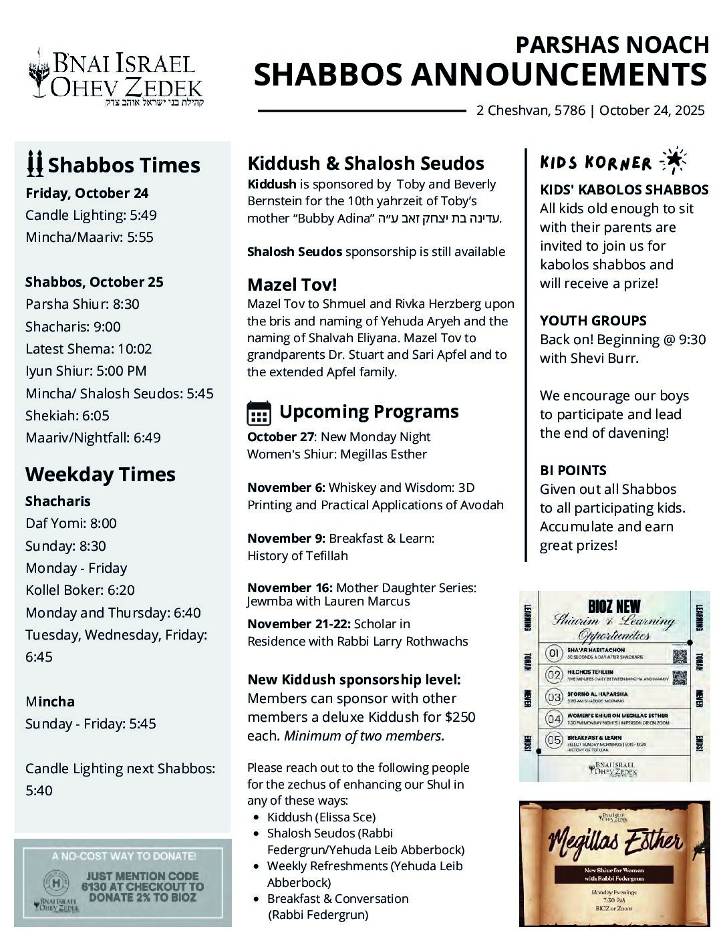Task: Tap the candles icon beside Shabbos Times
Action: click(x=35, y=164)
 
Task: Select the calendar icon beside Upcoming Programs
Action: click(x=259, y=412)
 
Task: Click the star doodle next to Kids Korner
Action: click(x=672, y=160)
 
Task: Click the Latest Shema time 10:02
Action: click(x=136, y=349)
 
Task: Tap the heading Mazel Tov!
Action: click(x=292, y=285)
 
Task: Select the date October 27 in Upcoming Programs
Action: click(x=280, y=437)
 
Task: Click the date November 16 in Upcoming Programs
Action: click(x=289, y=588)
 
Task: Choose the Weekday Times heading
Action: click(x=100, y=475)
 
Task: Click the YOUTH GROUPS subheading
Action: click(x=593, y=321)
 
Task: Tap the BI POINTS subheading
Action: click(x=573, y=470)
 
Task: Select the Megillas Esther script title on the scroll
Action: click(x=615, y=842)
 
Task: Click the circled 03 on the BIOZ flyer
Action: click(x=554, y=697)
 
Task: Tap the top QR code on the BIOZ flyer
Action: click(x=680, y=656)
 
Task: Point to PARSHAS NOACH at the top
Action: click(x=612, y=45)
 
